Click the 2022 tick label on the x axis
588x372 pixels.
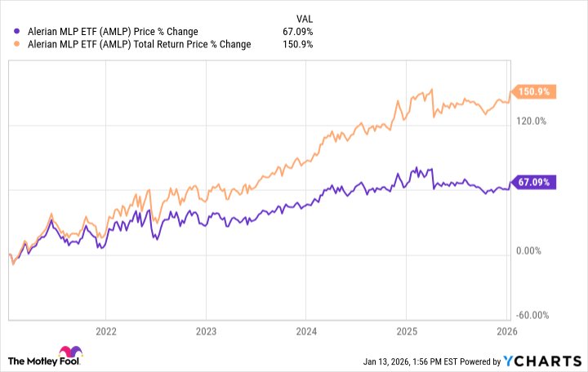coord(106,332)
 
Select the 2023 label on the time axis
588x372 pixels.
coord(206,332)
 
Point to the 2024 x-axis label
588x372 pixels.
coord(305,332)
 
